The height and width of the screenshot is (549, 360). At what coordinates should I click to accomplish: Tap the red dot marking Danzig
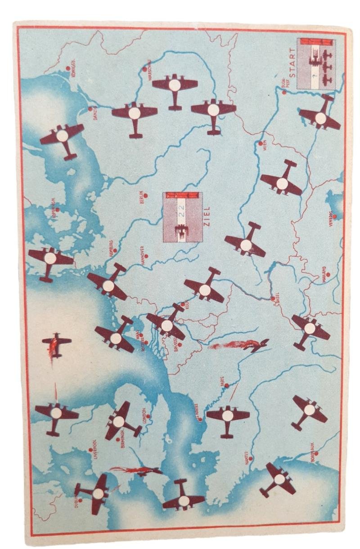point(90,109)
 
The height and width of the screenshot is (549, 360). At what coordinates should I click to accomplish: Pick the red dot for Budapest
point(284,92)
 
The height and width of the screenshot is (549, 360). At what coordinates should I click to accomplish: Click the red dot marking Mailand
point(328,274)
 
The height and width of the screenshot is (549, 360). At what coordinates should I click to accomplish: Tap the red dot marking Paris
point(226,386)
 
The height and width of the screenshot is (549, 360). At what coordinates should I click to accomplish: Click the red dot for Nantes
point(251,458)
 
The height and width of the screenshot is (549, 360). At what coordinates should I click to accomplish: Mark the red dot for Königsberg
point(68,68)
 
